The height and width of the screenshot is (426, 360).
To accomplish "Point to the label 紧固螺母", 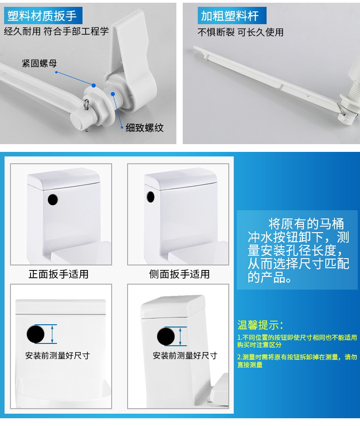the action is click(x=39, y=63).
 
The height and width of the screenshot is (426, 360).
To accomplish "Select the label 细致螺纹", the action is click(x=144, y=128).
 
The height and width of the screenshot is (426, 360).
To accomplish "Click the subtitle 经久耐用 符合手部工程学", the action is click(x=56, y=31).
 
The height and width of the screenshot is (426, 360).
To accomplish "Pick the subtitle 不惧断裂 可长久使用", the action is click(x=241, y=32).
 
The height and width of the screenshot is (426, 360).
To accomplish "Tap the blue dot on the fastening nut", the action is click(x=94, y=86).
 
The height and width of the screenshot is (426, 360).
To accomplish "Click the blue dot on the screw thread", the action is click(x=113, y=94).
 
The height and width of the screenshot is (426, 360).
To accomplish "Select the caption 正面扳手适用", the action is click(x=59, y=274).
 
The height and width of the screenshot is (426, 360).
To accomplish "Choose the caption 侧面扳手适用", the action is click(x=180, y=274).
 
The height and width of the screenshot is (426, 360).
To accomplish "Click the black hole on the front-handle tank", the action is click(x=53, y=200).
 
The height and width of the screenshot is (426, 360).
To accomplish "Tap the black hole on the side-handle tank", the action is click(x=150, y=197).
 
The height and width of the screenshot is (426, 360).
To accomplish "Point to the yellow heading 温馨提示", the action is click(x=260, y=325).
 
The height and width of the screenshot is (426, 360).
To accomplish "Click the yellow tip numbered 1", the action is click(x=297, y=341).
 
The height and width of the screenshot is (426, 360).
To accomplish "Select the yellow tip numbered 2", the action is click(x=297, y=361).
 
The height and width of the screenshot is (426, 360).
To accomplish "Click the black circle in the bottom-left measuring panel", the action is click(x=36, y=334).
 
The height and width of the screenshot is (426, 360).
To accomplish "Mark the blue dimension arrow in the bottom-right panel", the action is click(x=180, y=336).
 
